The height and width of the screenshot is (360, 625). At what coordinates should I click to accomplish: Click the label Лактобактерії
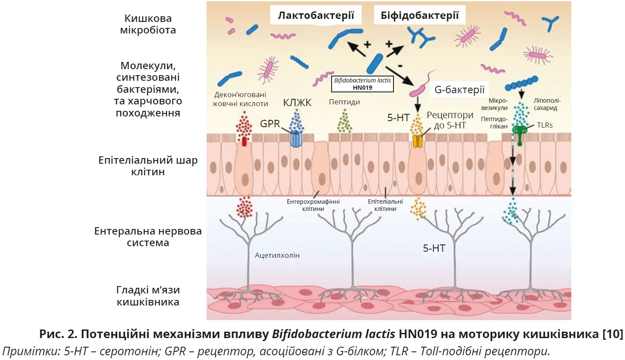316,16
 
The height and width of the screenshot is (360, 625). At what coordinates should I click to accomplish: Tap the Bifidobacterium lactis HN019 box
363,83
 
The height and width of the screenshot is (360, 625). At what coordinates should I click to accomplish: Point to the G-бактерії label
460,90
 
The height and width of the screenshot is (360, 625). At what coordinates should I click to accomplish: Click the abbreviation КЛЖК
297,103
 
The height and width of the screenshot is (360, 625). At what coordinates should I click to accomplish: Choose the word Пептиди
344,102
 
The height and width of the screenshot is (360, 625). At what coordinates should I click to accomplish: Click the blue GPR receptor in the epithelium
296,139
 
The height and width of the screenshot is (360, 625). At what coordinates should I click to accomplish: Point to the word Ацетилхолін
277,255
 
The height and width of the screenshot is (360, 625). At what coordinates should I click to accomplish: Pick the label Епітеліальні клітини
385,204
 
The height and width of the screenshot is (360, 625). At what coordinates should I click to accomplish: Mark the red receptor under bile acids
244,141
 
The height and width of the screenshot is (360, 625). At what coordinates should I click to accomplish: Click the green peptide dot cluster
344,121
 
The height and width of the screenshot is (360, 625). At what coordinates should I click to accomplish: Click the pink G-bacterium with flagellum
420,88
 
